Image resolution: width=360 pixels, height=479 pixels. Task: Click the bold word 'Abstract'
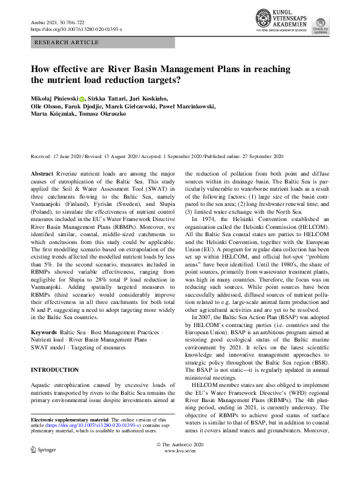42,174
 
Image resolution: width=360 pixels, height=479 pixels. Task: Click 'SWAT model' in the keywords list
48,349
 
